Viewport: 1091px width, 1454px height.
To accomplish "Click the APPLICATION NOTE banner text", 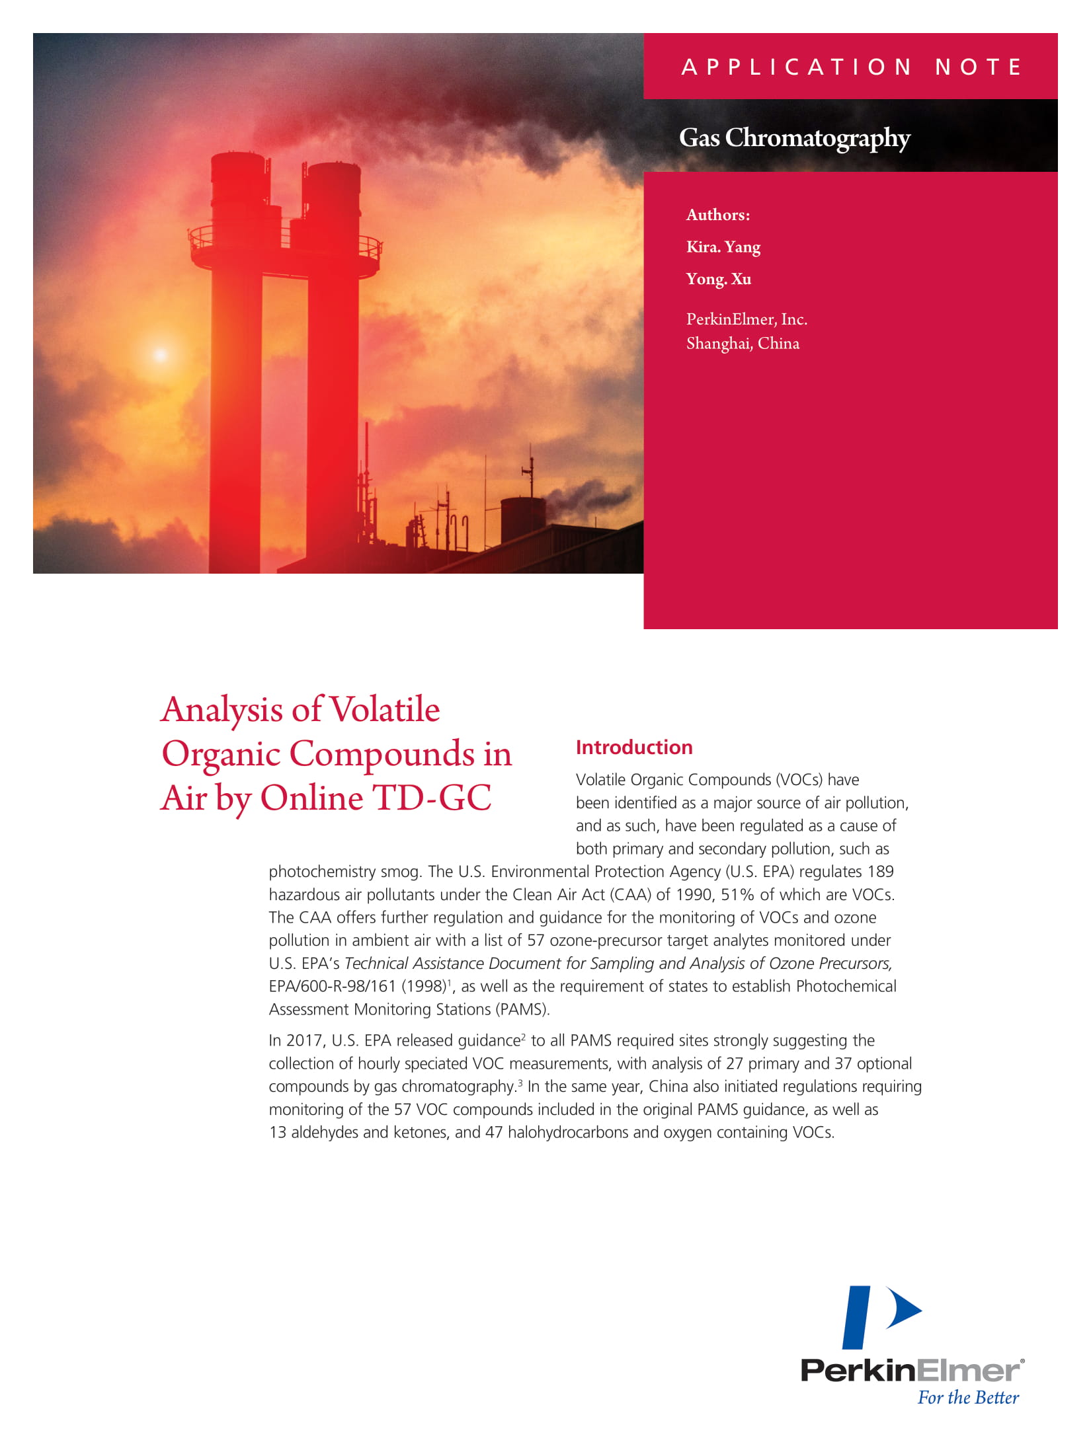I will click(852, 67).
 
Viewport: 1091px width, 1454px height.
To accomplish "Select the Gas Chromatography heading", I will click(794, 138).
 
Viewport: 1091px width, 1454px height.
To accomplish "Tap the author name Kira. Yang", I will click(723, 247).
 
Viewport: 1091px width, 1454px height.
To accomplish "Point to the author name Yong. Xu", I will click(718, 279).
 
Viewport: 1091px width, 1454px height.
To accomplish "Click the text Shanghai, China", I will click(743, 344).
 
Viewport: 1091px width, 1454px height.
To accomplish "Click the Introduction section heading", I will click(633, 747).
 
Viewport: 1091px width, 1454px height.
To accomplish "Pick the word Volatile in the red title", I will click(384, 710).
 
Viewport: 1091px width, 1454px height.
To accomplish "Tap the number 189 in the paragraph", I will click(880, 872).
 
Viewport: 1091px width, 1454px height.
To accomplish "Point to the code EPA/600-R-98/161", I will click(332, 987).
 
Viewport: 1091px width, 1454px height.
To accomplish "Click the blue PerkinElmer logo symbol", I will click(880, 1318).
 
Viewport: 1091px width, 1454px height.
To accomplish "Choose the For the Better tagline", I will click(968, 1398).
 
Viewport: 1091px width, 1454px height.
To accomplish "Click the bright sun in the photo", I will click(160, 354).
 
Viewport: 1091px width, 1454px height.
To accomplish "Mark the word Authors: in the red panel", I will click(717, 215).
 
